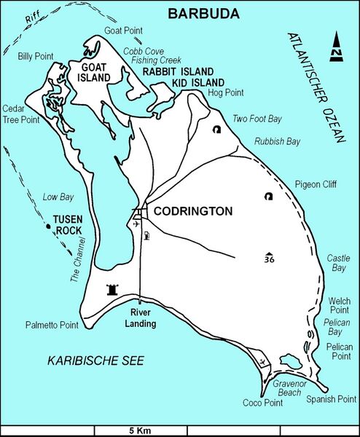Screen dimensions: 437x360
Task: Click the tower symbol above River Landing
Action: pos(112,289)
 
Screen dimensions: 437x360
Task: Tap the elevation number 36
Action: pos(270,259)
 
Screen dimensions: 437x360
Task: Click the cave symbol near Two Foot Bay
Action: pos(216,129)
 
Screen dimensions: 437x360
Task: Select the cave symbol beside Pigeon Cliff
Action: pos(268,196)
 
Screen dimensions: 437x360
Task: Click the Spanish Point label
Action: pos(331,399)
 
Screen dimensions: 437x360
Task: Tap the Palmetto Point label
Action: pos(52,325)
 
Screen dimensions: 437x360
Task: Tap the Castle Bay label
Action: pos(335,263)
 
